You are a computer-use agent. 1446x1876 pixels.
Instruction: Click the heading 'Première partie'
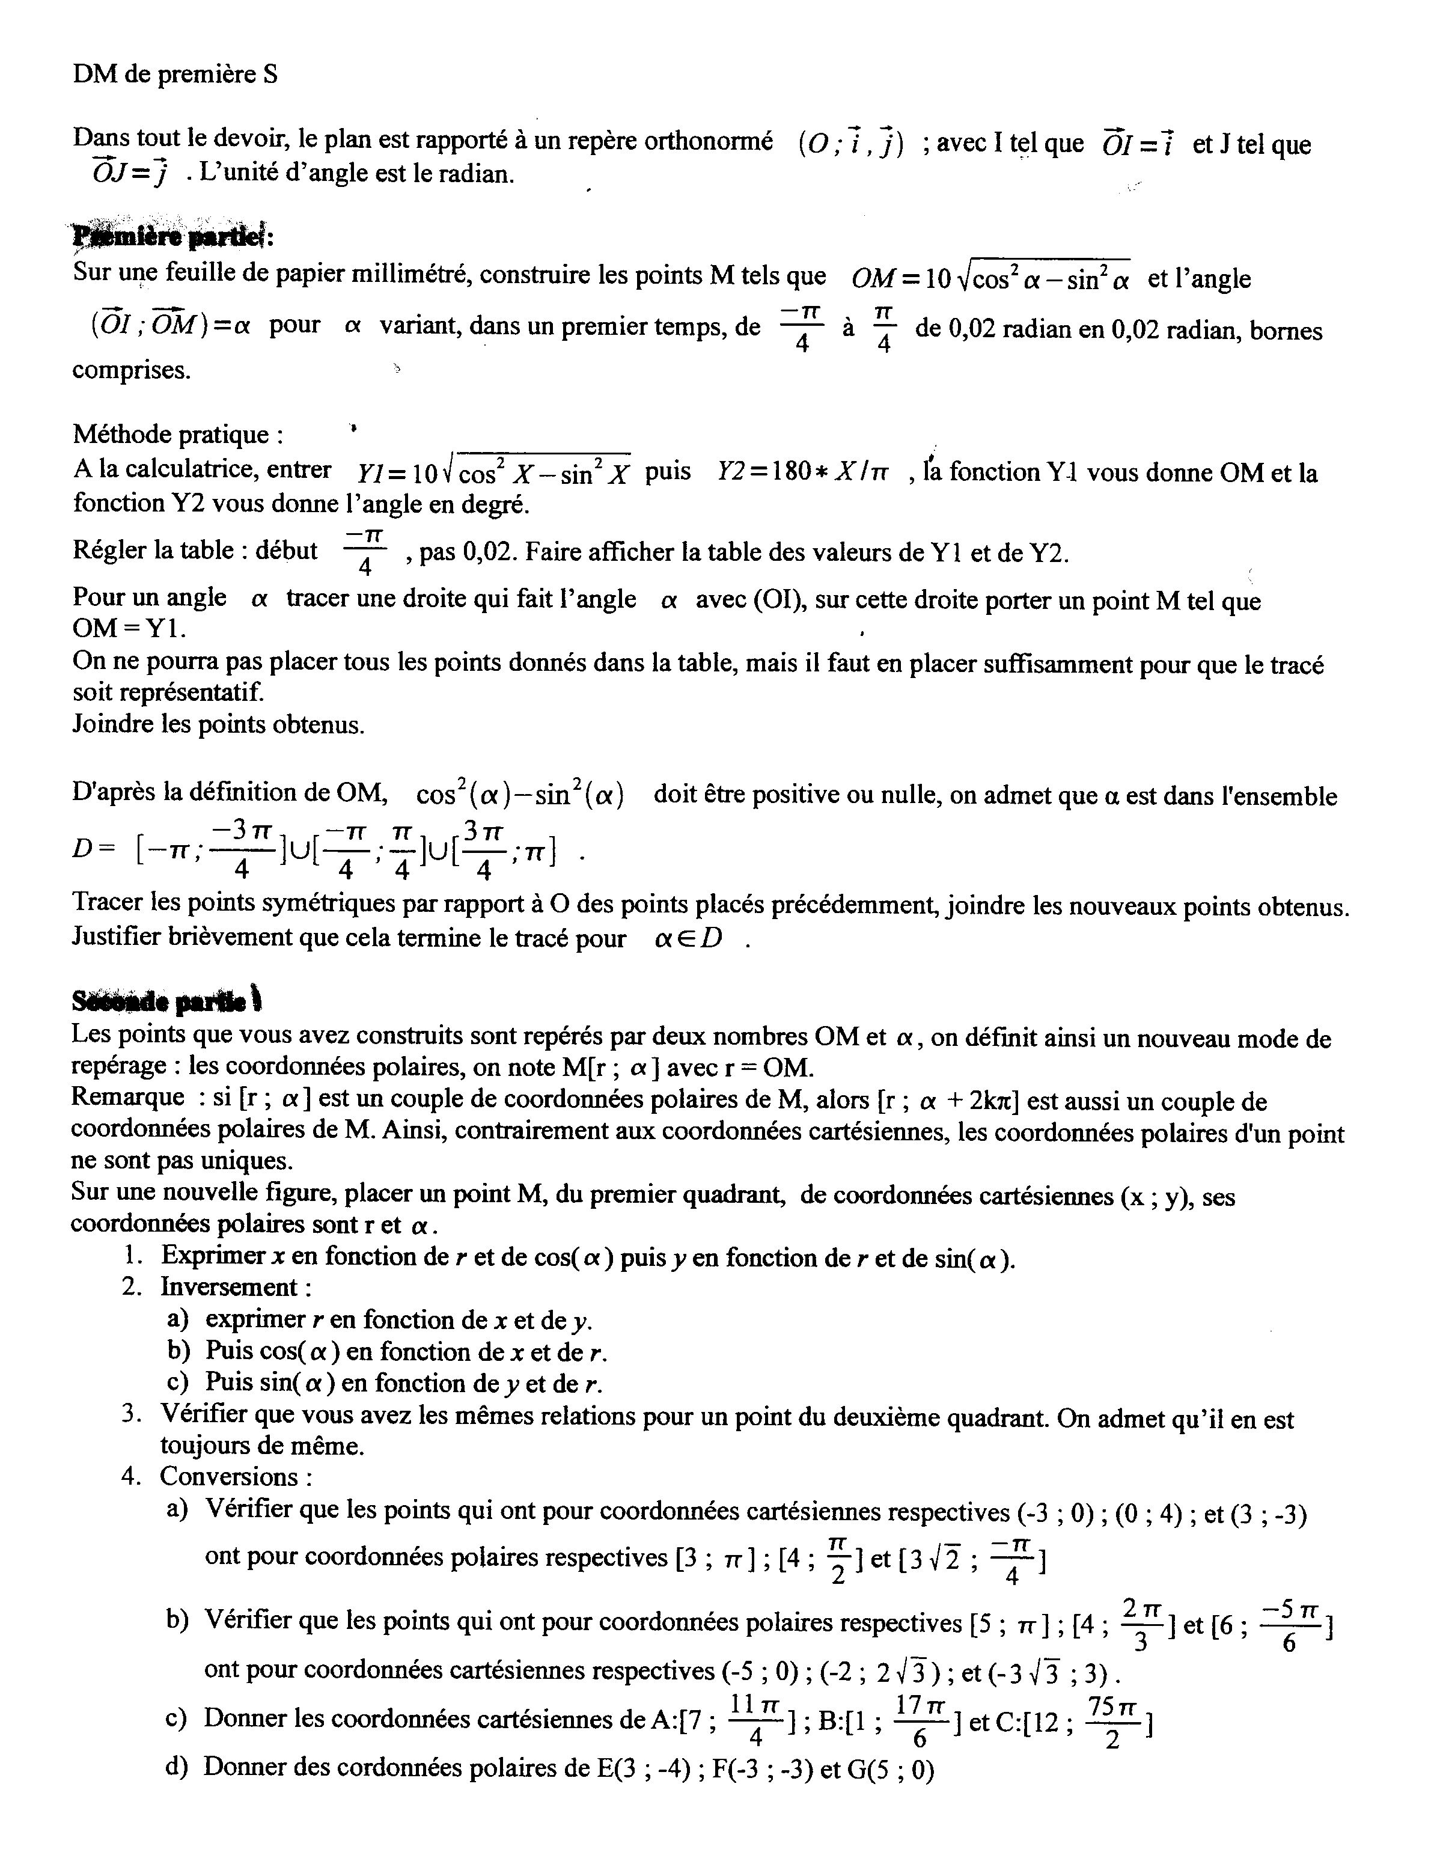pos(172,234)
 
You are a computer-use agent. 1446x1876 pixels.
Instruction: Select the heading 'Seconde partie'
pos(168,1001)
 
